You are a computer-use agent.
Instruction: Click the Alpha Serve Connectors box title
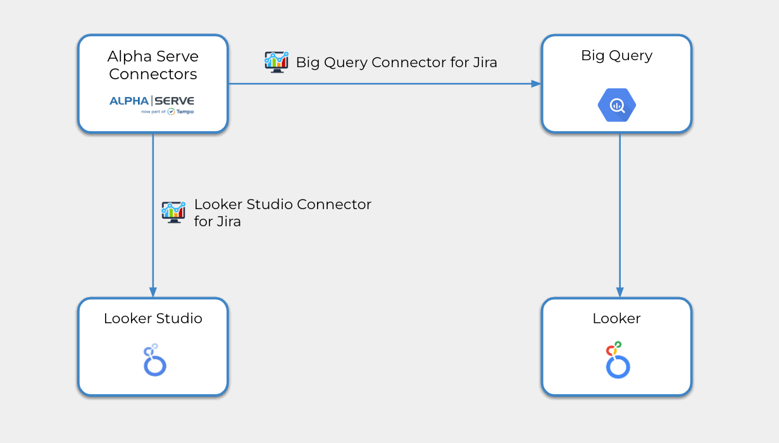point(153,65)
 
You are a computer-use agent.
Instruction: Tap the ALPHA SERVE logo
point(152,101)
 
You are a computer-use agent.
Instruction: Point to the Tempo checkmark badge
point(171,112)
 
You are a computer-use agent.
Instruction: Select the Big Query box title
point(616,56)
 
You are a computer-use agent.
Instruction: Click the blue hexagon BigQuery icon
point(616,106)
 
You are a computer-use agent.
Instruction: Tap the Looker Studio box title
point(153,318)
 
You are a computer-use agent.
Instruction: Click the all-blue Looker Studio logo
point(154,361)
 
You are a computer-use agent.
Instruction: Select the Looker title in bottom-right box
point(616,318)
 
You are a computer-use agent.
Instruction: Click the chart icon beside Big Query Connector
point(277,62)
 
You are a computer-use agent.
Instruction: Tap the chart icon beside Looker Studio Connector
point(173,212)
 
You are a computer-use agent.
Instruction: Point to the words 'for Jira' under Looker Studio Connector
point(217,222)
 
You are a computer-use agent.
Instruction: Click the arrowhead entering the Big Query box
point(536,84)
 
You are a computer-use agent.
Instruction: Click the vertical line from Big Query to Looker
point(620,209)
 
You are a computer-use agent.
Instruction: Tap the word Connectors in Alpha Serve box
point(153,74)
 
